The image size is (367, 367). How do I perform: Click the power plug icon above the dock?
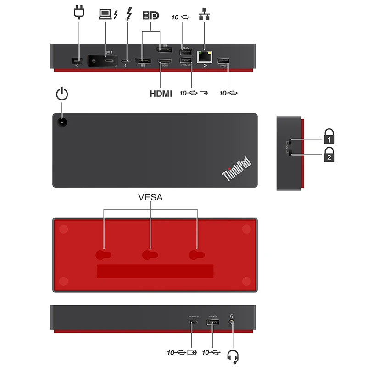[78, 13]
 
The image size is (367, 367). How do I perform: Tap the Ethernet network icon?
[203, 15]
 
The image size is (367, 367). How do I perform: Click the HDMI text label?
[161, 94]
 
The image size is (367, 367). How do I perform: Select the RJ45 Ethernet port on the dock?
[204, 57]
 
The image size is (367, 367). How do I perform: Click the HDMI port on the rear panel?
[164, 61]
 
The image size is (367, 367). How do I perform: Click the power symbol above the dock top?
[62, 95]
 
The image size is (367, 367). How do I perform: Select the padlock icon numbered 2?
[329, 155]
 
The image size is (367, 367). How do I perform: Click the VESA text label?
[150, 198]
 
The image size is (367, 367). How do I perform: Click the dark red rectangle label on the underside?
[155, 271]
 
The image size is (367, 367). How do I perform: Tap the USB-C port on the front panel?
[193, 323]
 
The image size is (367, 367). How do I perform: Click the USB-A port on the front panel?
[212, 323]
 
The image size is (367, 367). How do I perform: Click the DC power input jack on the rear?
[75, 61]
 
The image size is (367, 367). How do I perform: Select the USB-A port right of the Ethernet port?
[224, 61]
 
